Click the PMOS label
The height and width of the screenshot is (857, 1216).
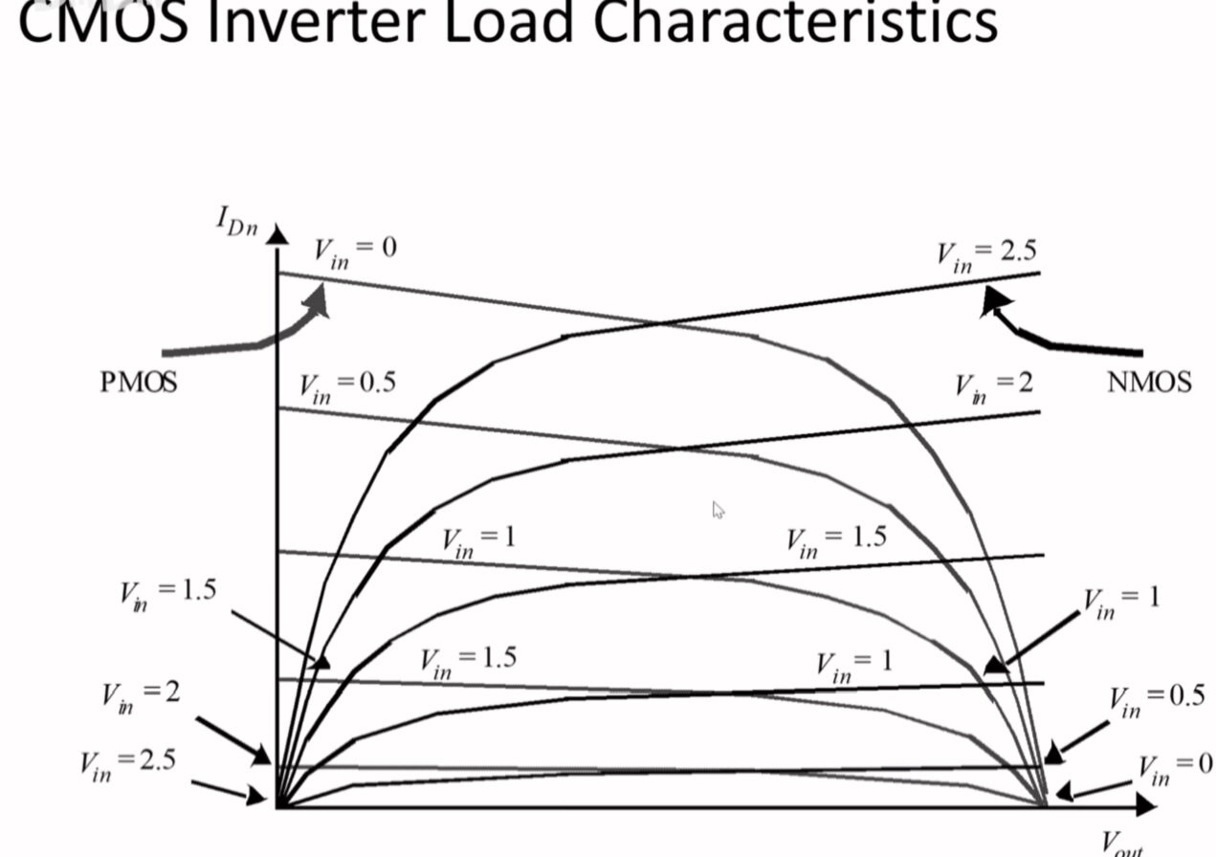click(139, 383)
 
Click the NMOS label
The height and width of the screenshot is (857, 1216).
click(1149, 383)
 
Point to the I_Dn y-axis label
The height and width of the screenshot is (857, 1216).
click(235, 223)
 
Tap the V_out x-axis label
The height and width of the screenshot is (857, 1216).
click(1121, 845)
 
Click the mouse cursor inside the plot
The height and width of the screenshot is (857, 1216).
click(718, 510)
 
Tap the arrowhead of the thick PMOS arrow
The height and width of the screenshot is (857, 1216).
click(320, 300)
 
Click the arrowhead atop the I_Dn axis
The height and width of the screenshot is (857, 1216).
click(276, 234)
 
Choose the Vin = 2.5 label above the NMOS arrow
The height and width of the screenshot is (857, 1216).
click(985, 254)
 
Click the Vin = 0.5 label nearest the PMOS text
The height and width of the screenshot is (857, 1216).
click(346, 385)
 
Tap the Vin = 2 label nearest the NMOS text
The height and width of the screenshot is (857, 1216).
click(994, 385)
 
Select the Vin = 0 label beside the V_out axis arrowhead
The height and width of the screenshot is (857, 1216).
click(1175, 768)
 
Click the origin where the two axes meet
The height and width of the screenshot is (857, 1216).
click(277, 807)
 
